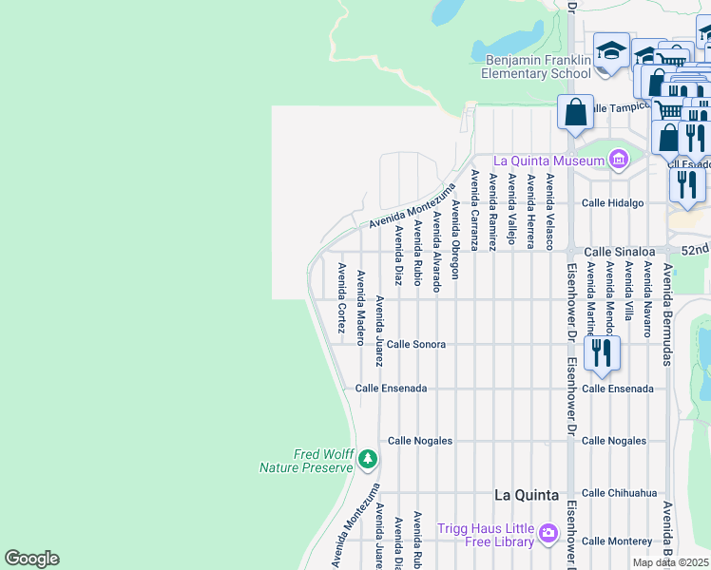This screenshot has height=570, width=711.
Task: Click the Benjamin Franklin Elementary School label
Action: tap(536, 66)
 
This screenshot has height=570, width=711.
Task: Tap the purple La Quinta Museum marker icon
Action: tap(620, 160)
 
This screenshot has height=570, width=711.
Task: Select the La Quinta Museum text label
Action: tap(548, 161)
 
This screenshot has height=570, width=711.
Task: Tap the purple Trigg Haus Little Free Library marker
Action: tap(548, 535)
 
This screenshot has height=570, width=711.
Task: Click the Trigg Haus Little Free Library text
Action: tap(487, 535)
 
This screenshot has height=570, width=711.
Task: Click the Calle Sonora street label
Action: tap(415, 344)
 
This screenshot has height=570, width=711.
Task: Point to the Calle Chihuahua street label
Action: tap(619, 493)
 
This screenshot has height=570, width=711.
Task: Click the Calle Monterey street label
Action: tap(617, 541)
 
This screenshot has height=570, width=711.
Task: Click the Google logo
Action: tap(31, 559)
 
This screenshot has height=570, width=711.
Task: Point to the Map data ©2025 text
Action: tap(671, 562)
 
